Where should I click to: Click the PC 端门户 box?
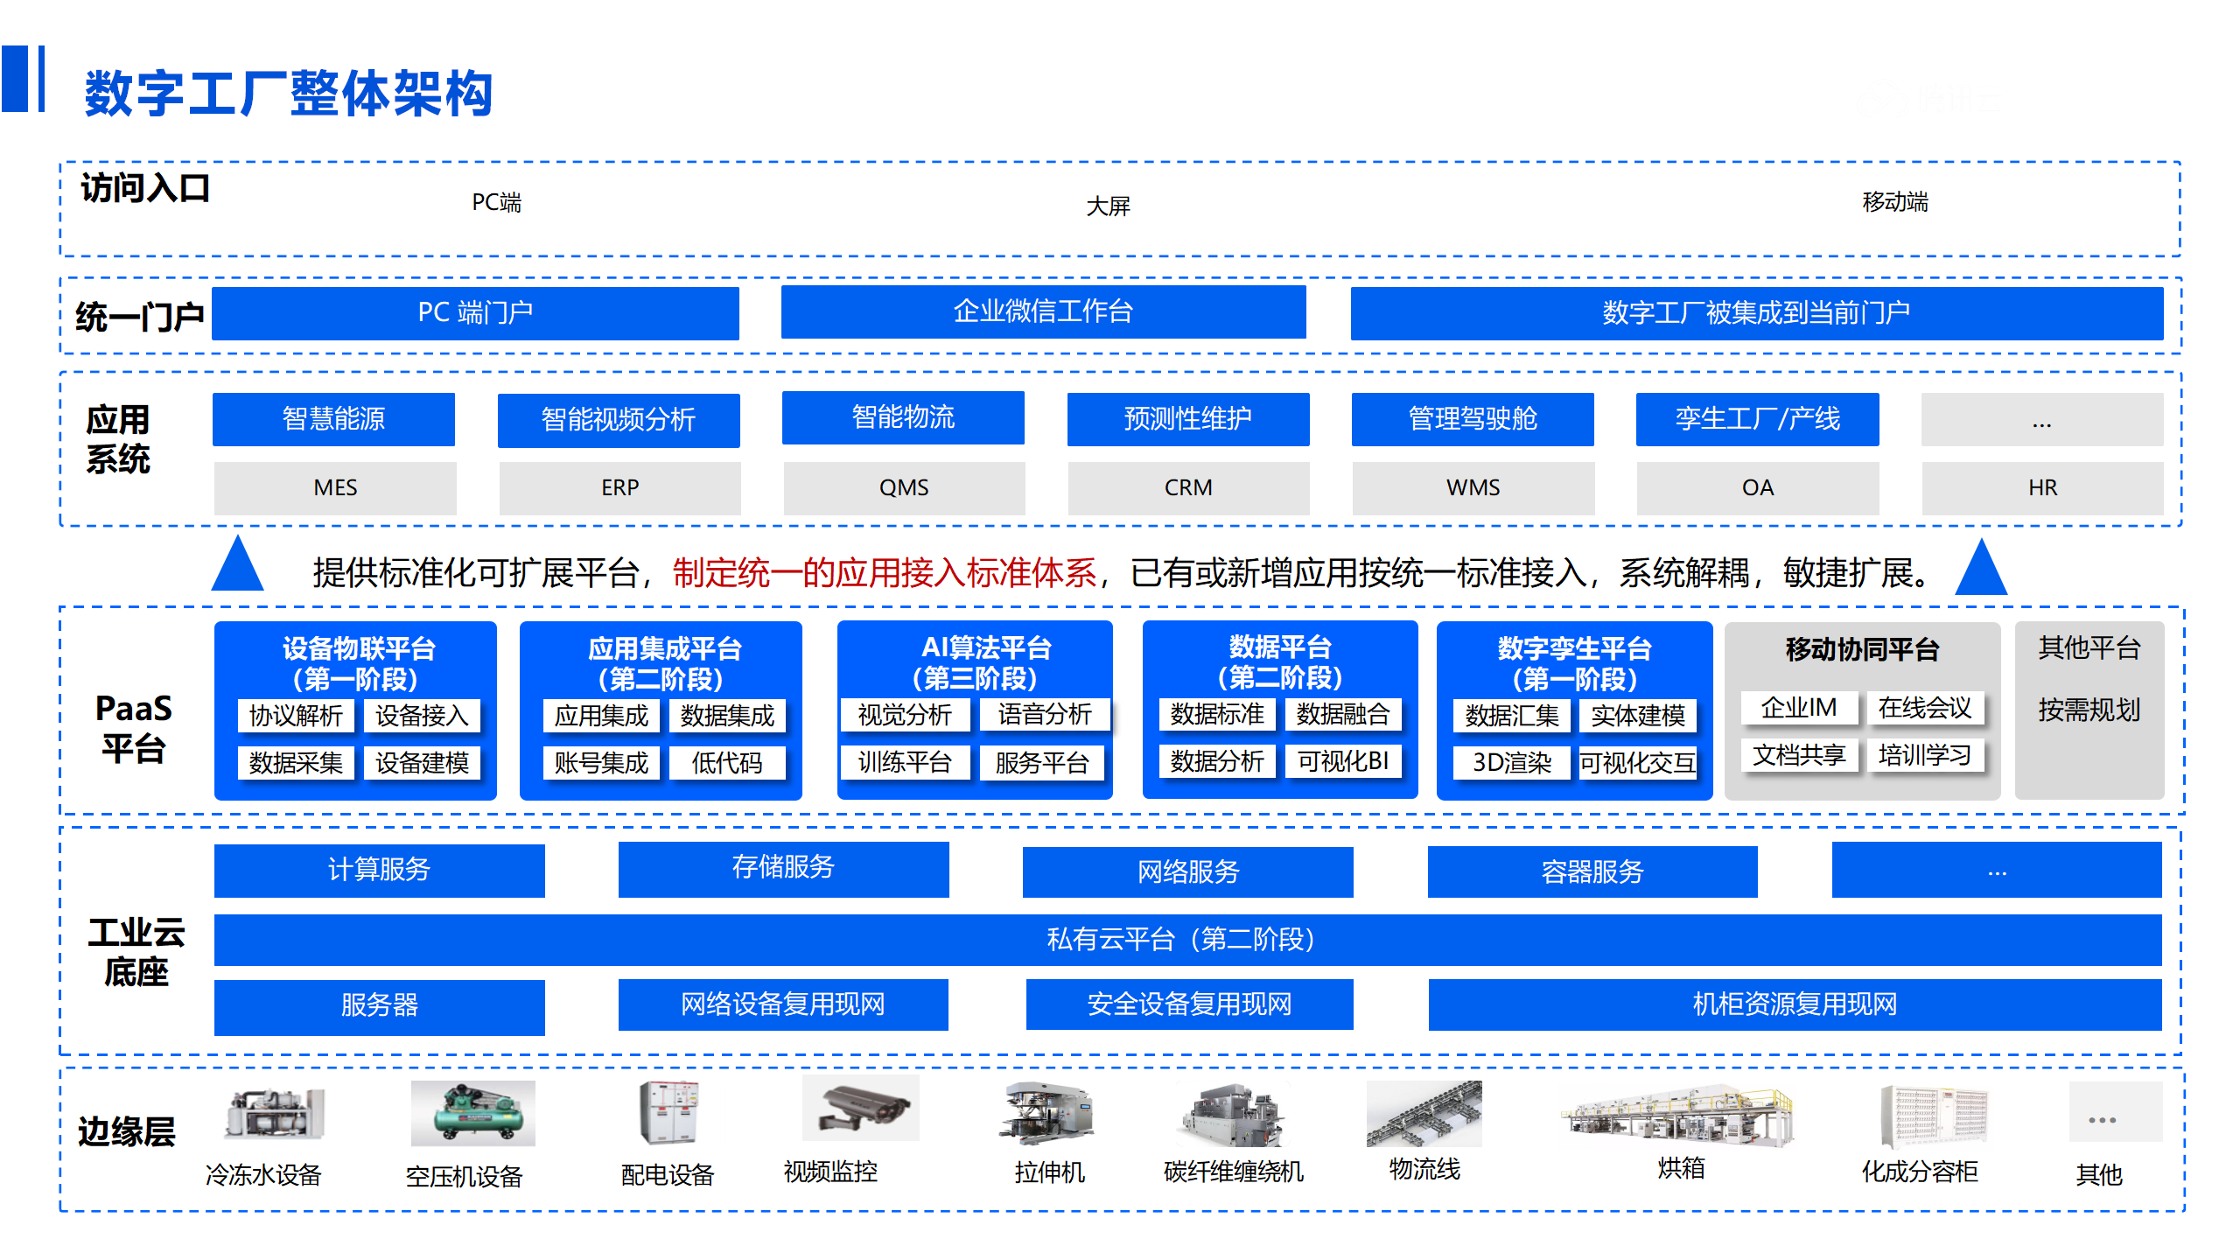[x=475, y=312]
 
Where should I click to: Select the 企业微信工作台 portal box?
[x=1043, y=311]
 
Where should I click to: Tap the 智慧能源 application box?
[x=333, y=419]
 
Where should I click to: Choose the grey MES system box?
[x=335, y=487]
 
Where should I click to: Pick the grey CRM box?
[x=1188, y=487]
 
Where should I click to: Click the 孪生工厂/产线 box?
[x=1757, y=419]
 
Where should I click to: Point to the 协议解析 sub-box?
[x=296, y=716]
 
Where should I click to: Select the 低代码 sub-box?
[x=727, y=763]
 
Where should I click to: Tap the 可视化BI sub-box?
[x=1343, y=761]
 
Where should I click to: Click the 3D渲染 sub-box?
[x=1511, y=763]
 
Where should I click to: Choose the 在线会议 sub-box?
[x=1925, y=707]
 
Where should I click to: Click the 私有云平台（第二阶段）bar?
[x=1187, y=940]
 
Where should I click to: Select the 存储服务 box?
[x=783, y=869]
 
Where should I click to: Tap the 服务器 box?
[x=379, y=1006]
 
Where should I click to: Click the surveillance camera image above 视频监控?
[x=861, y=1109]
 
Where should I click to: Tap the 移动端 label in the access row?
[x=1895, y=202]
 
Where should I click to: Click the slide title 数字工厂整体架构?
[x=289, y=93]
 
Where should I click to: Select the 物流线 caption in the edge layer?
[x=1424, y=1169]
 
